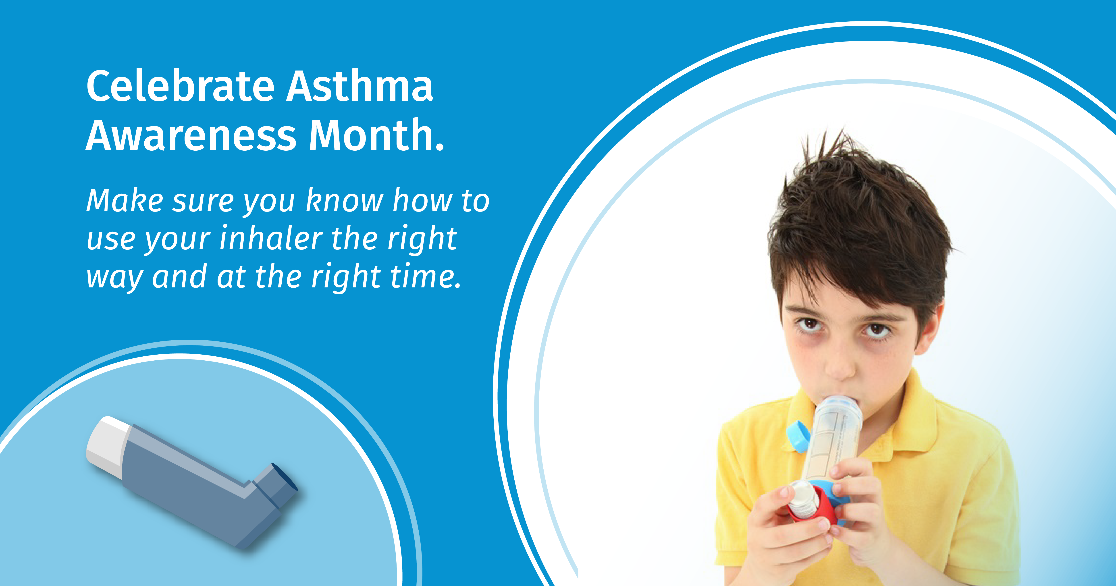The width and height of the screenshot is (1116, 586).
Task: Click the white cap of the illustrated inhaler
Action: click(x=107, y=446)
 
